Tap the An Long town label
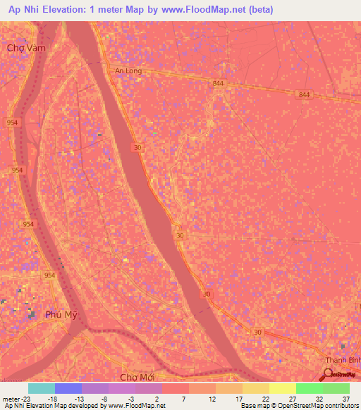(128, 70)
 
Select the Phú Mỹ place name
(59, 314)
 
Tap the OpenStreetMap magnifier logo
(329, 374)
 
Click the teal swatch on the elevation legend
(42, 388)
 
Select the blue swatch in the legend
(68, 388)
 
